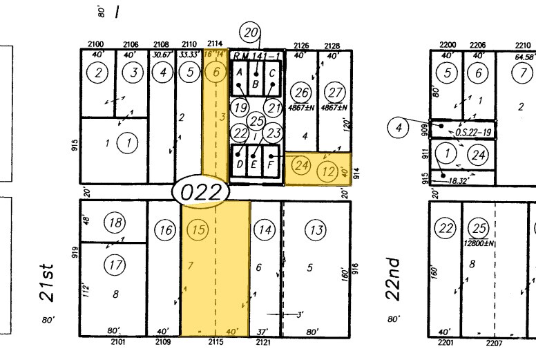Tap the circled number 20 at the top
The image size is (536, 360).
pyautogui.click(x=250, y=32)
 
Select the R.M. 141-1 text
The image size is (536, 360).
pyautogui.click(x=256, y=56)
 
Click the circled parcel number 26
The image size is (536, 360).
pyautogui.click(x=300, y=93)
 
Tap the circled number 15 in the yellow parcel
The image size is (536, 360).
pyautogui.click(x=198, y=230)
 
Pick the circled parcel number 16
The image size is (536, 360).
pyautogui.click(x=164, y=230)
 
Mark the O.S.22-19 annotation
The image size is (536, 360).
pyautogui.click(x=473, y=132)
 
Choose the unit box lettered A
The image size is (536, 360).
pyautogui.click(x=239, y=72)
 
